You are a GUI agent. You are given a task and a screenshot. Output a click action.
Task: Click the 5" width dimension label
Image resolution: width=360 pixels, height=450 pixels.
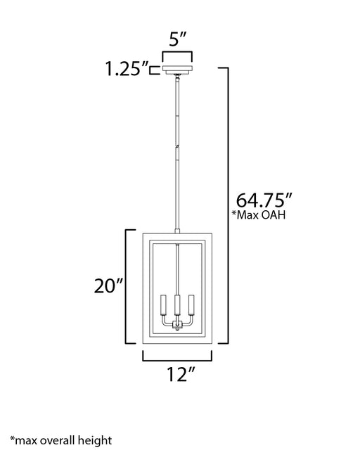pyautogui.click(x=177, y=39)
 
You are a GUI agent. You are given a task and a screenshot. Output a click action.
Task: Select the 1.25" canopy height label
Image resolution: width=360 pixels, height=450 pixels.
pyautogui.click(x=127, y=69)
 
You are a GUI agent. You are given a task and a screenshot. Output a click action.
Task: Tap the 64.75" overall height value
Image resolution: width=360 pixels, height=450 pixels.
pyautogui.click(x=264, y=200)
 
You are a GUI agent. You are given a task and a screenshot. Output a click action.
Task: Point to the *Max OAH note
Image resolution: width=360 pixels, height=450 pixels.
pyautogui.click(x=259, y=214)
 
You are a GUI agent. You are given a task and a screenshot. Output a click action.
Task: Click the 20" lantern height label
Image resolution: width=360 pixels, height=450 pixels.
pyautogui.click(x=108, y=286)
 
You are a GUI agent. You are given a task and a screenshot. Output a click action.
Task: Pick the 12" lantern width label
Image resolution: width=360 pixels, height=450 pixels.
pyautogui.click(x=181, y=374)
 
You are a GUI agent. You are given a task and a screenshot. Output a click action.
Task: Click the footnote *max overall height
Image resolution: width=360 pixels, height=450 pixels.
pyautogui.click(x=61, y=441)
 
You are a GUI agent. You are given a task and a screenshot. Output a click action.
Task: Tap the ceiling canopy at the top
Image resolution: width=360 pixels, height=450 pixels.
pyautogui.click(x=177, y=70)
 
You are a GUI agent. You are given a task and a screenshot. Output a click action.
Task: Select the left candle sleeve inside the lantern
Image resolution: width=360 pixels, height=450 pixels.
pyautogui.click(x=164, y=304)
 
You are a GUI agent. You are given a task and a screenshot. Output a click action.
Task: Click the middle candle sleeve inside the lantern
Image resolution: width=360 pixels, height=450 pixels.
pyautogui.click(x=177, y=304)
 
